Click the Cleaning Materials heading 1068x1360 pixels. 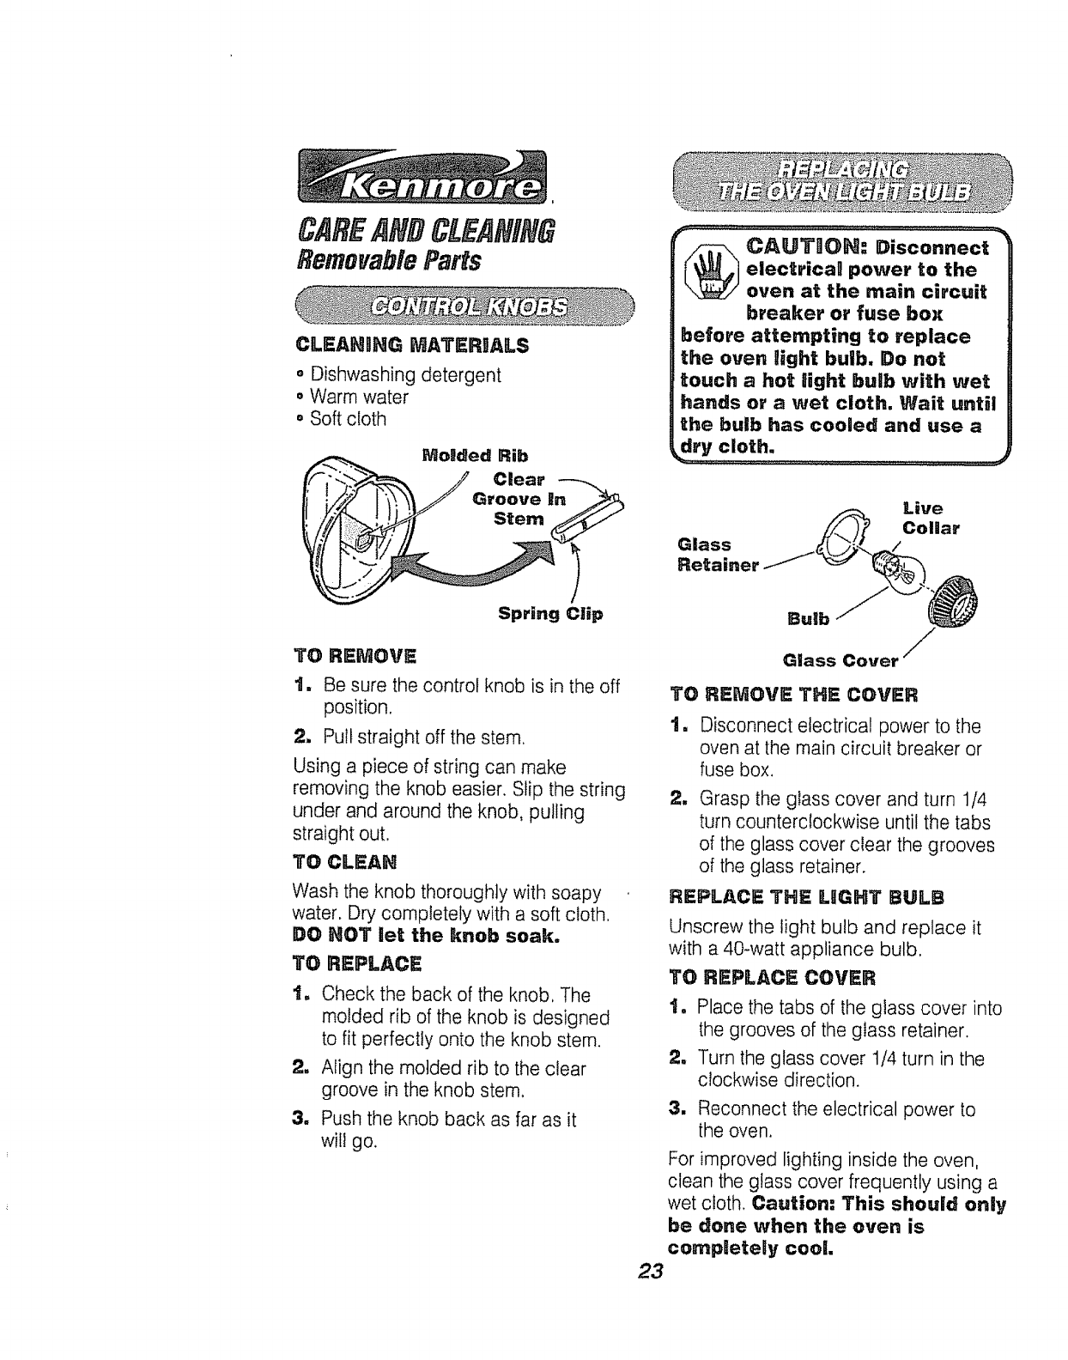(411, 346)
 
